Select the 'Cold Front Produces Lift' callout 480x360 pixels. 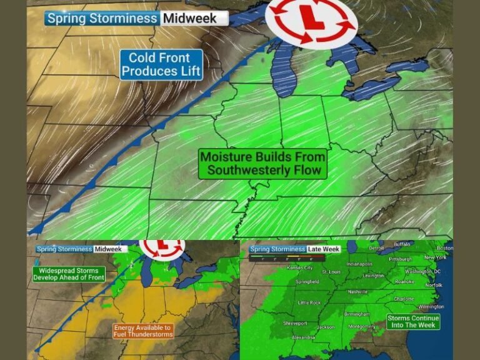tap(161, 64)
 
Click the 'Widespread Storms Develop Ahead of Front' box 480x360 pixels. tap(68, 274)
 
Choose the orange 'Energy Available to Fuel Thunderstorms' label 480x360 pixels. tap(143, 331)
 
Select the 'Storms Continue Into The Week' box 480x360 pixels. tap(413, 321)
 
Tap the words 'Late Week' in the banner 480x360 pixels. tap(322, 249)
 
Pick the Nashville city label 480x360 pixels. tap(357, 292)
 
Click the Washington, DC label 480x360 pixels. tap(422, 272)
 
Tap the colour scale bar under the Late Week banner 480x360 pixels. tap(276, 257)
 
